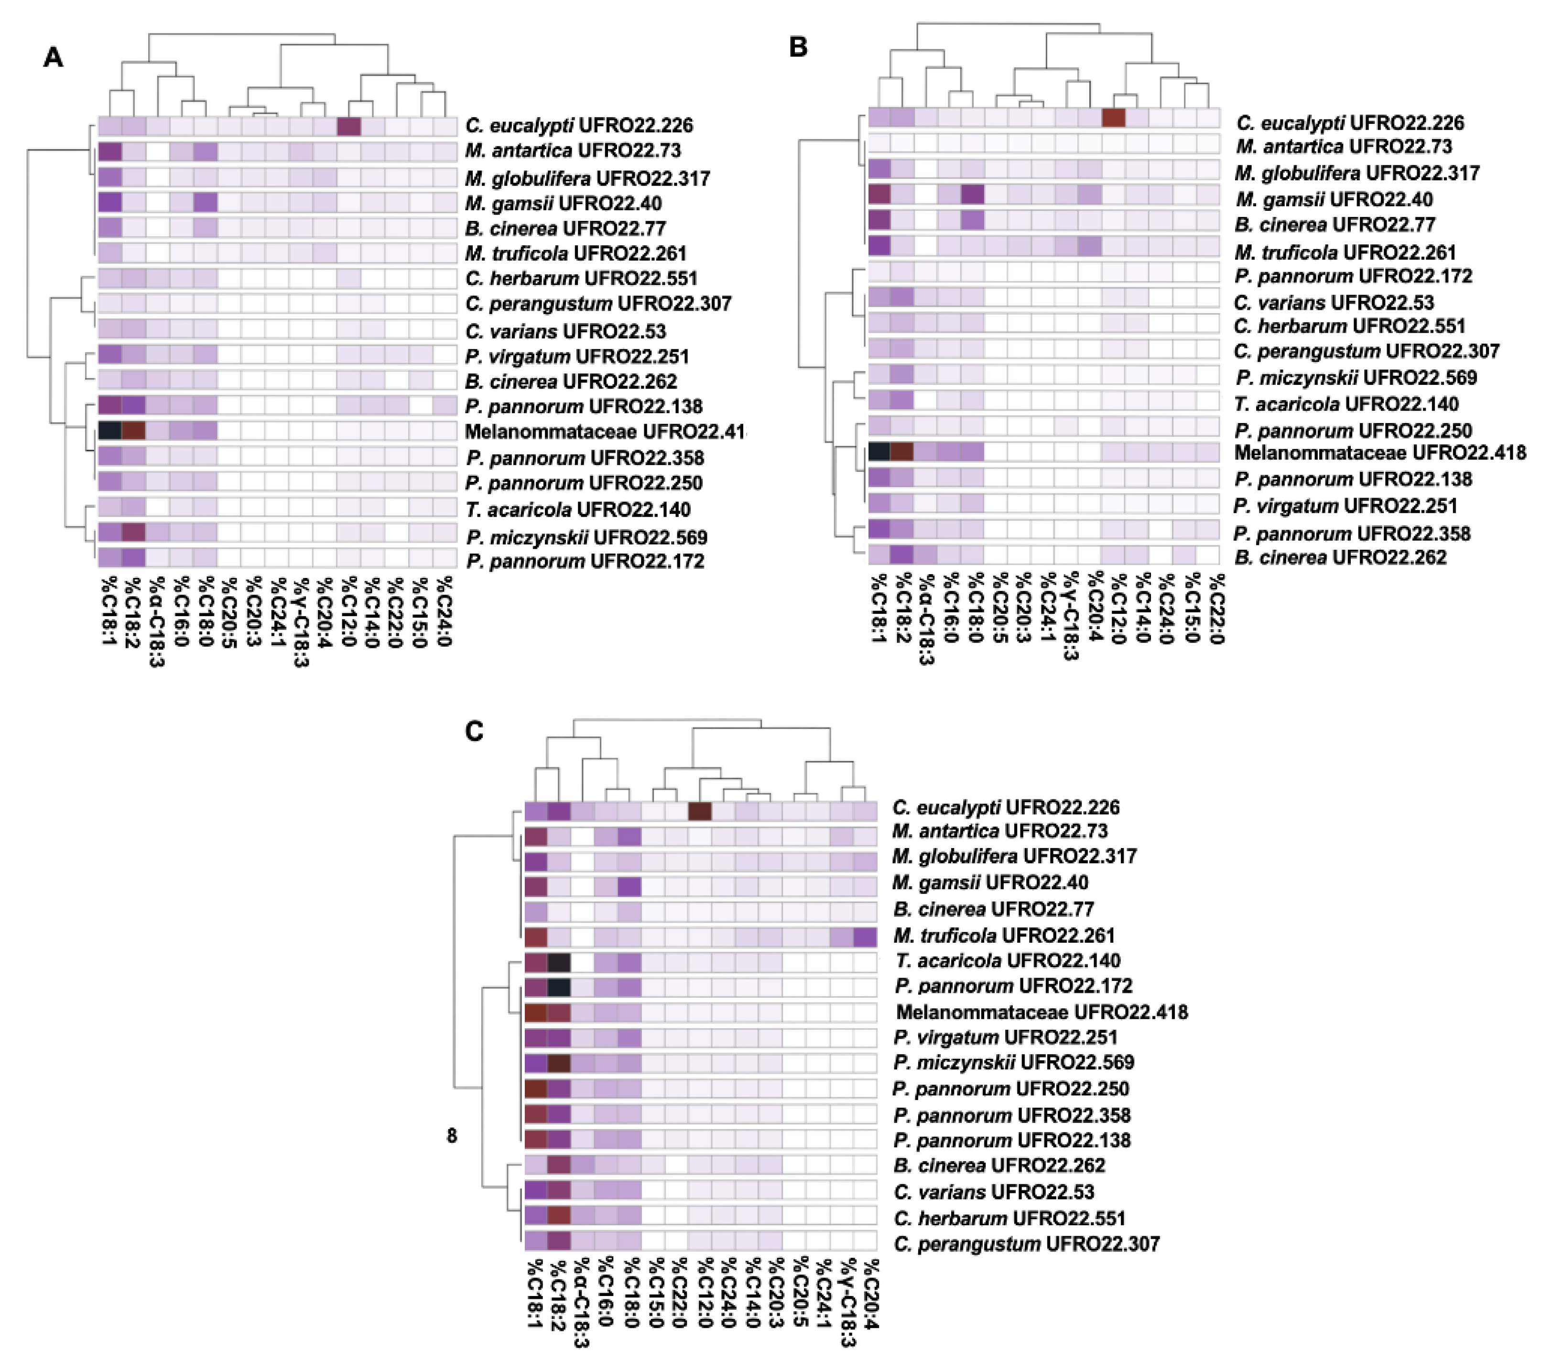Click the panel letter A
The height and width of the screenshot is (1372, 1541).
tap(53, 57)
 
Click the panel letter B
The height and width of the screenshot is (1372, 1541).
tap(798, 47)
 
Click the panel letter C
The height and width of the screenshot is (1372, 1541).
tap(474, 731)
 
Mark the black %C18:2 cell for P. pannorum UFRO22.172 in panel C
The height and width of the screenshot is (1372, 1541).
tap(559, 987)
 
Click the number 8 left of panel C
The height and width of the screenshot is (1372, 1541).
tap(452, 1135)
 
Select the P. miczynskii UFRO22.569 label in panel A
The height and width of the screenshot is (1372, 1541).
tap(586, 537)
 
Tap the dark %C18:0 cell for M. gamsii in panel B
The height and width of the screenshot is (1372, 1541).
tap(973, 195)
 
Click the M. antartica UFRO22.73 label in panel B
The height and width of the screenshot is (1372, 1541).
tap(1343, 146)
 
